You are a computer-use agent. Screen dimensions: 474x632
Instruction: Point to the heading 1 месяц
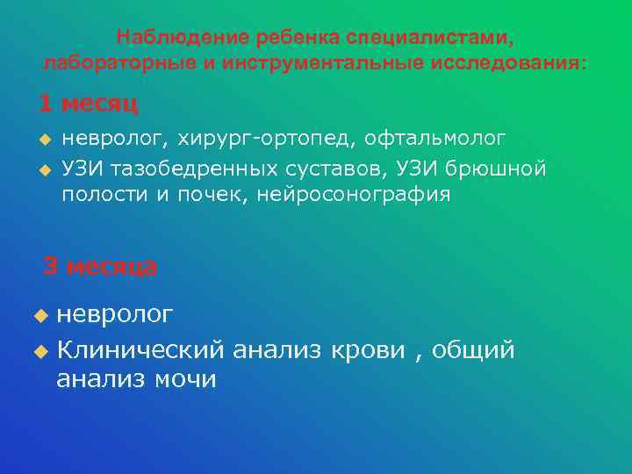88,104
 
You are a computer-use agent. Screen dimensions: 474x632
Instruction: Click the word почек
209,195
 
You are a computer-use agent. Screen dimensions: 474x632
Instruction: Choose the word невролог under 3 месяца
114,314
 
